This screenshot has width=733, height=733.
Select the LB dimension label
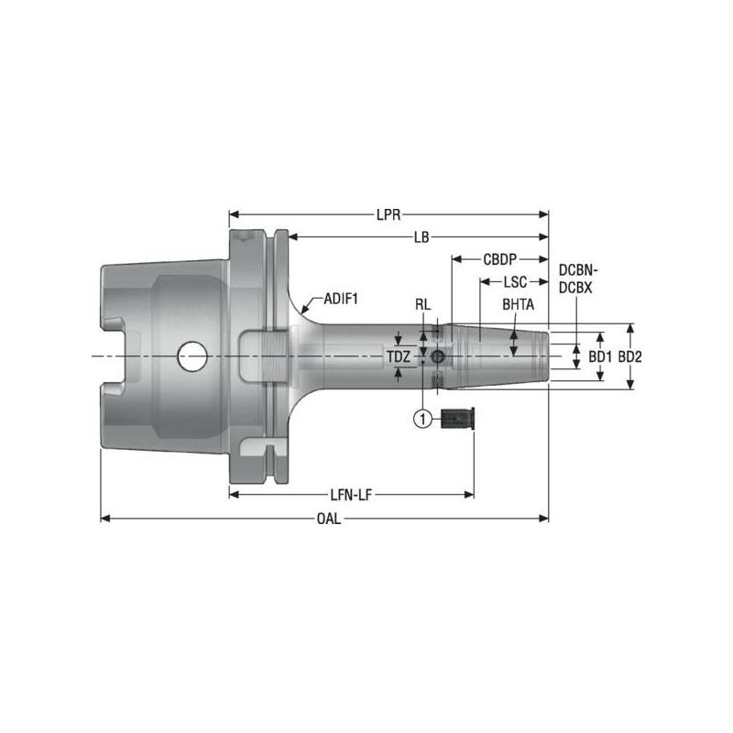coord(421,237)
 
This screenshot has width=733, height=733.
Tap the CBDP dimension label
coord(500,259)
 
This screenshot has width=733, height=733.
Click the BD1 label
coord(599,356)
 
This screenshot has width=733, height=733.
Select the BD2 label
coord(629,356)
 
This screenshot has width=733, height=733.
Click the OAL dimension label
coord(328,519)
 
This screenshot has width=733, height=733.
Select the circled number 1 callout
coord(422,419)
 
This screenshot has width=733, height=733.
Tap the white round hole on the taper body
coord(192,356)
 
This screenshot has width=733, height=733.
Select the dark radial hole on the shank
coord(439,356)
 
